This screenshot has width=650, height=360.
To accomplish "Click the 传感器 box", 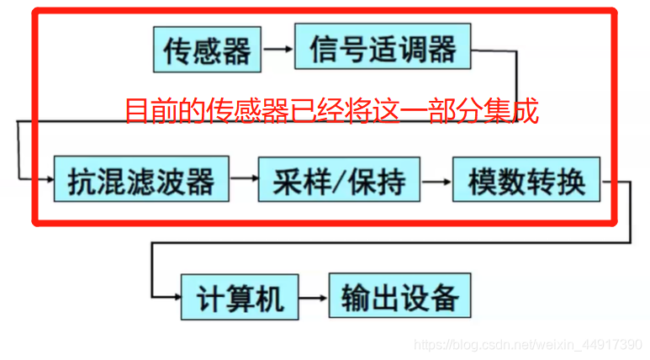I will [208, 50].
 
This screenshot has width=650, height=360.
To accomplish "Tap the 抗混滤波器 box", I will [140, 179].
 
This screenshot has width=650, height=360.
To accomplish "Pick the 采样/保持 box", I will [338, 179].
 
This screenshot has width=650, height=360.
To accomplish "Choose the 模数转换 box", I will [526, 179].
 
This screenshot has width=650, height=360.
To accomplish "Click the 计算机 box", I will [240, 297].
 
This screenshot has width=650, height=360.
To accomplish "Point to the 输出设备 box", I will [399, 297].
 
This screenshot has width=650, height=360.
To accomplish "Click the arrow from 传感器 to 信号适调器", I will [277, 50].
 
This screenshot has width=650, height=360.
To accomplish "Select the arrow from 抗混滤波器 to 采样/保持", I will [242, 180].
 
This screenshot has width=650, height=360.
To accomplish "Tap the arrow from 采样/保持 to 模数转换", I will [436, 180].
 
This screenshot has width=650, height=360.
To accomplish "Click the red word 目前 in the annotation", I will [149, 110].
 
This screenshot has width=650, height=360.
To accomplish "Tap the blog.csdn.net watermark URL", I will [529, 344].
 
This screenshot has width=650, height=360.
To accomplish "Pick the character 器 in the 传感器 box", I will [238, 50].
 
